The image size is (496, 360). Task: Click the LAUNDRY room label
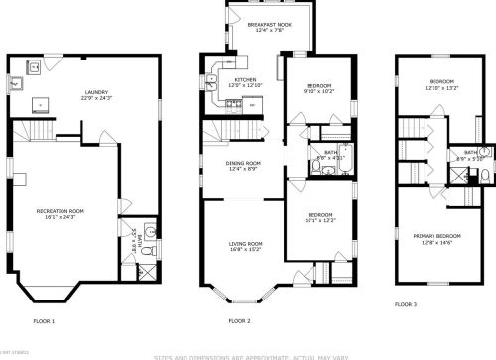click(x=97, y=91)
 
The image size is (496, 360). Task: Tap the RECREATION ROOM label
click(x=61, y=211)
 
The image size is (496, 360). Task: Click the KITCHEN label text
click(x=245, y=79)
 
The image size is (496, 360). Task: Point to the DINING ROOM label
click(x=243, y=163)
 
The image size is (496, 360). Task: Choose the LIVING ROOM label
click(x=245, y=244)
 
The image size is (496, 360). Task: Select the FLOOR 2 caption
click(x=239, y=321)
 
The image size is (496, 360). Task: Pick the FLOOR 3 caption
click(x=406, y=303)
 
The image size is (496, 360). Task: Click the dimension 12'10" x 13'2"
click(x=441, y=87)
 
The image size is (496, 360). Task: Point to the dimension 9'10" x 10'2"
click(x=318, y=91)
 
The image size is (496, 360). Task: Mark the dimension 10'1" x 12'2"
click(x=319, y=220)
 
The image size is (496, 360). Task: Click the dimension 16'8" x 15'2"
click(x=245, y=250)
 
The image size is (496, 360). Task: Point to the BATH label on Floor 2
click(x=329, y=152)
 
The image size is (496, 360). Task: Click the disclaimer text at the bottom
click(x=247, y=355)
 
